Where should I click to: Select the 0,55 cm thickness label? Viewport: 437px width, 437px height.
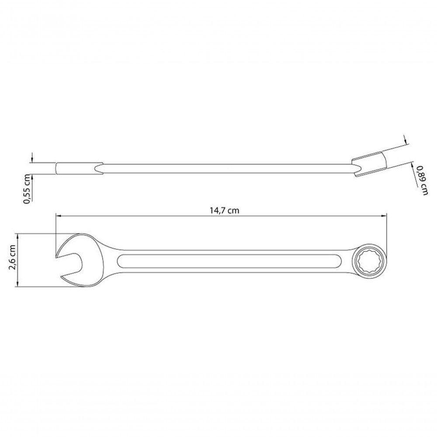pos(27,188)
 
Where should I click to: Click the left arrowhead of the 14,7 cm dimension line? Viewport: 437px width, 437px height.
pos(58,215)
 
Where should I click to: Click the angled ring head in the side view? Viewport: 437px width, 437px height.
pos(369,164)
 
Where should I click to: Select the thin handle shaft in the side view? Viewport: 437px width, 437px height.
pos(227,169)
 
